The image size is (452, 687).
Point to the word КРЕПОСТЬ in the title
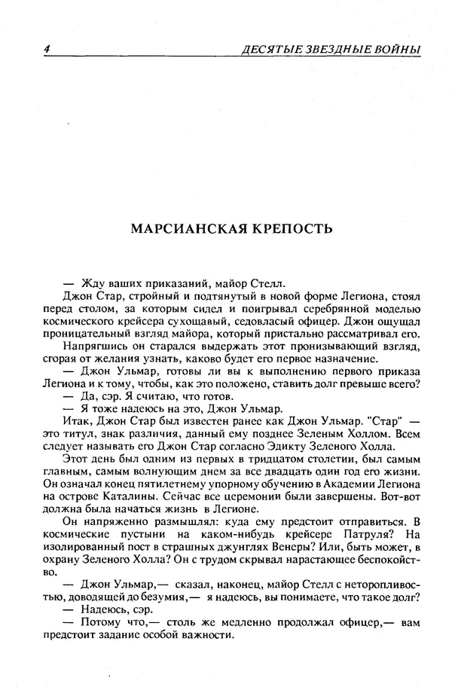click(291, 227)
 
